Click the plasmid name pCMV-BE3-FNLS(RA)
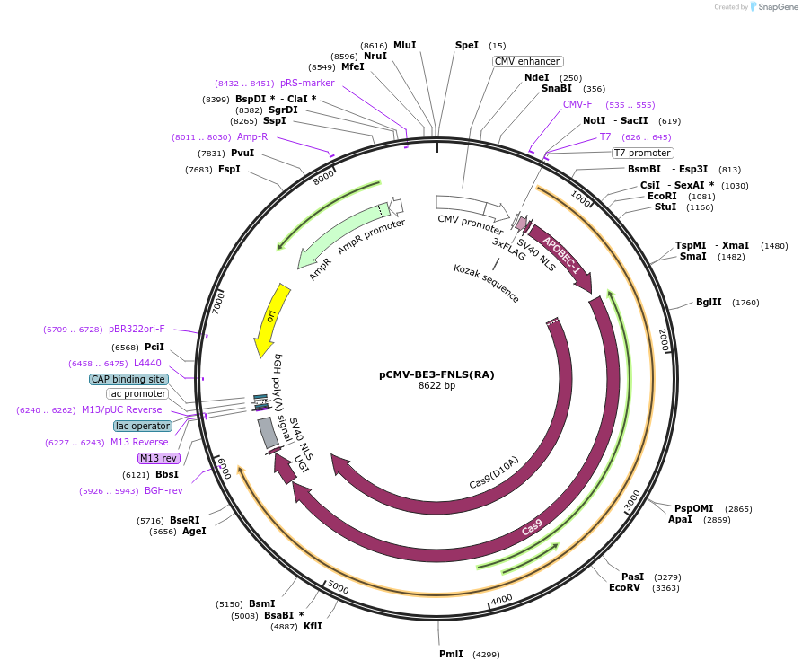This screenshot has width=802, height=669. pos(436,374)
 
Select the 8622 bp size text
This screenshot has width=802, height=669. pos(436,386)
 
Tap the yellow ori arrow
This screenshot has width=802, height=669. pos(271,319)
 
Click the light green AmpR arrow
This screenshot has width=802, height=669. pos(337,237)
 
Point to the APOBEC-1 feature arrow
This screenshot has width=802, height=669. pos(562,258)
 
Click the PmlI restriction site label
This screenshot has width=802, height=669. pos(451,654)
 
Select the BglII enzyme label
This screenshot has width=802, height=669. pos(709,302)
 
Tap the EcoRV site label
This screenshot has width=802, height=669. pos(624,588)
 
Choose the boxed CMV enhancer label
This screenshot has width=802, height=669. pos(527,61)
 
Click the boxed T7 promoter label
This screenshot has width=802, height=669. pos(642,153)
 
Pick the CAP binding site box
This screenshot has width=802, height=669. pos(128,379)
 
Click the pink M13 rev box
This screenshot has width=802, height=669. pos(159,458)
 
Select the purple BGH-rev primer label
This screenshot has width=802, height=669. pos(163,490)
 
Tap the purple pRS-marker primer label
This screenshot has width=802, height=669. pos(307,83)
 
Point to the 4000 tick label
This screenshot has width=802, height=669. pos(501,598)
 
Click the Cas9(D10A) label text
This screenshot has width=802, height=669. pos(494,473)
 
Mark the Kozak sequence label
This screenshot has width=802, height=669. pos(486,283)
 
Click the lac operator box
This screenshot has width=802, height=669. pos(142,426)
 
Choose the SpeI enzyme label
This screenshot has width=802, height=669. pos(467,45)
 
